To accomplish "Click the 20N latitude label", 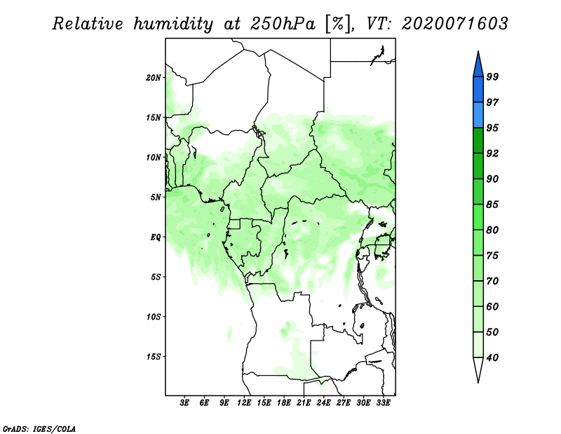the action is [x=154, y=78].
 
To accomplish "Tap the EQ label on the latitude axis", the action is [x=156, y=237].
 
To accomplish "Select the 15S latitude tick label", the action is [x=154, y=357].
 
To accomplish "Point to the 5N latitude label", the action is [x=156, y=197].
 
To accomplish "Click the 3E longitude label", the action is [x=184, y=403].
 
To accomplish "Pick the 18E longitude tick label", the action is [x=284, y=403].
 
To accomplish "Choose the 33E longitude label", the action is [x=383, y=403].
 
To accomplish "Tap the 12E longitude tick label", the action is [x=244, y=403].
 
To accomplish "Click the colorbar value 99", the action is [x=492, y=77].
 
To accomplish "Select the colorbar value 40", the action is [x=492, y=357].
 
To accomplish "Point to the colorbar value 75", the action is [x=492, y=256].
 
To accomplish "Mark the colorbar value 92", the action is [x=492, y=153].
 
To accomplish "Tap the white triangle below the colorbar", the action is [x=478, y=367].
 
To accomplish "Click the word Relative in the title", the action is [x=88, y=24].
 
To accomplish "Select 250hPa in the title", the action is [x=283, y=24].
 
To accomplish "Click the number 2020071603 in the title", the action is [x=454, y=24].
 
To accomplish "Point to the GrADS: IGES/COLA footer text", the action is [x=39, y=429].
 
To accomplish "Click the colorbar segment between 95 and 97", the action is [x=478, y=115].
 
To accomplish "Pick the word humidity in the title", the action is [x=173, y=25].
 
